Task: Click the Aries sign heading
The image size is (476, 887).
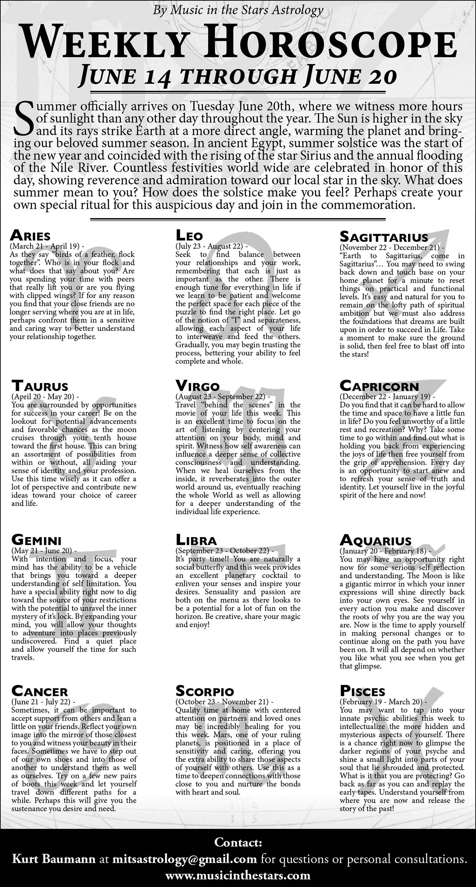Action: coord(30,236)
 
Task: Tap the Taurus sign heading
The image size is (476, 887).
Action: coord(40,386)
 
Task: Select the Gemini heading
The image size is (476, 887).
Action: coord(36,540)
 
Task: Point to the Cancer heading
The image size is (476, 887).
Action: coord(39,691)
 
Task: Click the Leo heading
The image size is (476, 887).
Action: coord(189,236)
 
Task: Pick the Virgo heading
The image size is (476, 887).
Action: coord(197,386)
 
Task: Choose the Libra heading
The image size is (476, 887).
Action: coord(196,540)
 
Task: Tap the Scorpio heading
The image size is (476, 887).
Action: coord(205,691)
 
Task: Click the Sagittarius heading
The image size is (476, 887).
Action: coord(384,237)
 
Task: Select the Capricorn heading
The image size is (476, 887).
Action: coord(379,386)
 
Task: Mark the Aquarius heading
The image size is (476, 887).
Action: coord(376,540)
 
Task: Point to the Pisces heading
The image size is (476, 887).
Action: coord(363,691)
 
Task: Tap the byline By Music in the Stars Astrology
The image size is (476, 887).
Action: coord(238,10)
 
